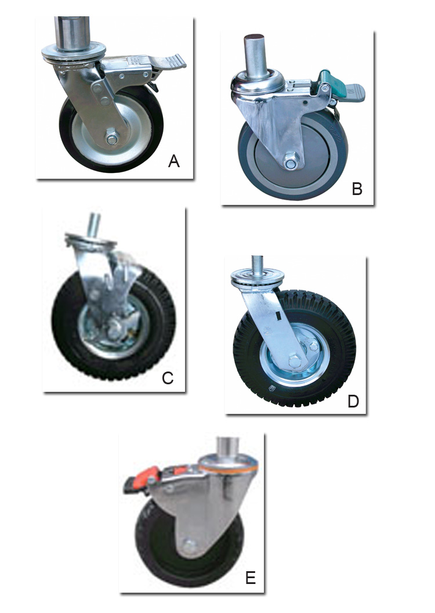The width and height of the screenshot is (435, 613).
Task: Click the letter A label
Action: tap(174, 161)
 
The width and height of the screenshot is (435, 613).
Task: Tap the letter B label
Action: tap(357, 189)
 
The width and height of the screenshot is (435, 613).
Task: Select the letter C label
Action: tap(168, 378)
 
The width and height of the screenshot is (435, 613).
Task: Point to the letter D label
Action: tap(353, 401)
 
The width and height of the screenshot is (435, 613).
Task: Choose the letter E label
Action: tap(251, 578)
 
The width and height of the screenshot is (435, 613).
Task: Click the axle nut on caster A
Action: tap(112, 138)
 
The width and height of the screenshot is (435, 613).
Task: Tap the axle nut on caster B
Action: tap(290, 161)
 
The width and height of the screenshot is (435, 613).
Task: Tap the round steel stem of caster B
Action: tap(255, 54)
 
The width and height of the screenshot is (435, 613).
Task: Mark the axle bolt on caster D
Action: tap(296, 360)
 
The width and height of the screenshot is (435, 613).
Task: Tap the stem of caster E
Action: tap(229, 448)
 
